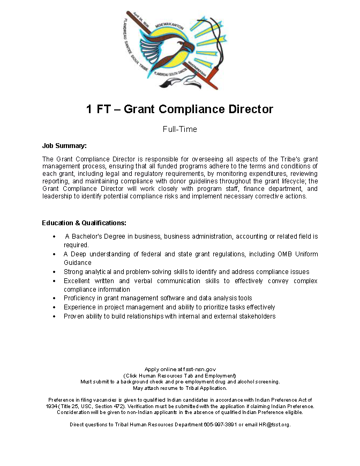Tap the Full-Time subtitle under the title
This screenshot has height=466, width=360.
(180, 129)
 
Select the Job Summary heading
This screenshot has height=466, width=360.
(64, 146)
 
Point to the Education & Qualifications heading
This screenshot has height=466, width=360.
(84, 223)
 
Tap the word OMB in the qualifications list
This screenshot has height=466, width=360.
(285, 254)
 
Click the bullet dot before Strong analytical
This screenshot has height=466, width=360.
(55, 272)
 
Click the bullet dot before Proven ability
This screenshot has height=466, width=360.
(55, 317)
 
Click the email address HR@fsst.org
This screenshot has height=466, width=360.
(274, 424)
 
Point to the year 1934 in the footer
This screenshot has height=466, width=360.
(53, 406)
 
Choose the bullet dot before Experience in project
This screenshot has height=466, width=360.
(55, 308)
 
